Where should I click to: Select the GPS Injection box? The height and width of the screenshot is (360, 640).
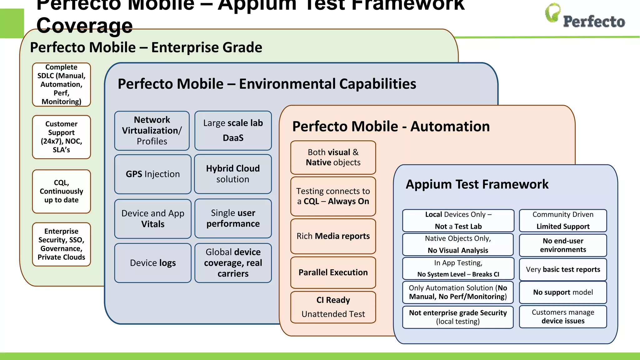tap(153, 174)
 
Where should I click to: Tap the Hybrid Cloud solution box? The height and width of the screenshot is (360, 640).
tap(233, 174)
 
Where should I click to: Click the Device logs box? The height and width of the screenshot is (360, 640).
tap(153, 263)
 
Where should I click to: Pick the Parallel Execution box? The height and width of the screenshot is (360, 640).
tap(333, 272)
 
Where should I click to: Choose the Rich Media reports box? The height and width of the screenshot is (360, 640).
tap(333, 236)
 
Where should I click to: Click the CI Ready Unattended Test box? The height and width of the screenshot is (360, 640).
tap(333, 307)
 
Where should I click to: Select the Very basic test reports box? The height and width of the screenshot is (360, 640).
tap(563, 269)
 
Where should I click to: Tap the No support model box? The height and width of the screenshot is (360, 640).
tap(563, 292)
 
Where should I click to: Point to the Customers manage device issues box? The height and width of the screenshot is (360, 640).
tap(563, 317)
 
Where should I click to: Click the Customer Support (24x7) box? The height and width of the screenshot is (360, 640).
tap(62, 137)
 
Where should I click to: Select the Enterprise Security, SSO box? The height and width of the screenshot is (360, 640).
tap(62, 244)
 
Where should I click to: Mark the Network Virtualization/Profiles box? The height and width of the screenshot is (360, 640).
tap(152, 131)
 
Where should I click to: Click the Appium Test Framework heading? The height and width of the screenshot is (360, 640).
tap(477, 184)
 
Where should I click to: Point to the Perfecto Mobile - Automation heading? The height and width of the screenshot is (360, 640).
tap(391, 127)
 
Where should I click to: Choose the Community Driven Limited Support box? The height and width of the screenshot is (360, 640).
tap(563, 221)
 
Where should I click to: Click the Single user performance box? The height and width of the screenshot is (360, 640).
tap(233, 218)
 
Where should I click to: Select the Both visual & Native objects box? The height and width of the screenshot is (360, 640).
tap(333, 157)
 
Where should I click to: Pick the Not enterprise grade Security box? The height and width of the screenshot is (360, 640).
tap(458, 317)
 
